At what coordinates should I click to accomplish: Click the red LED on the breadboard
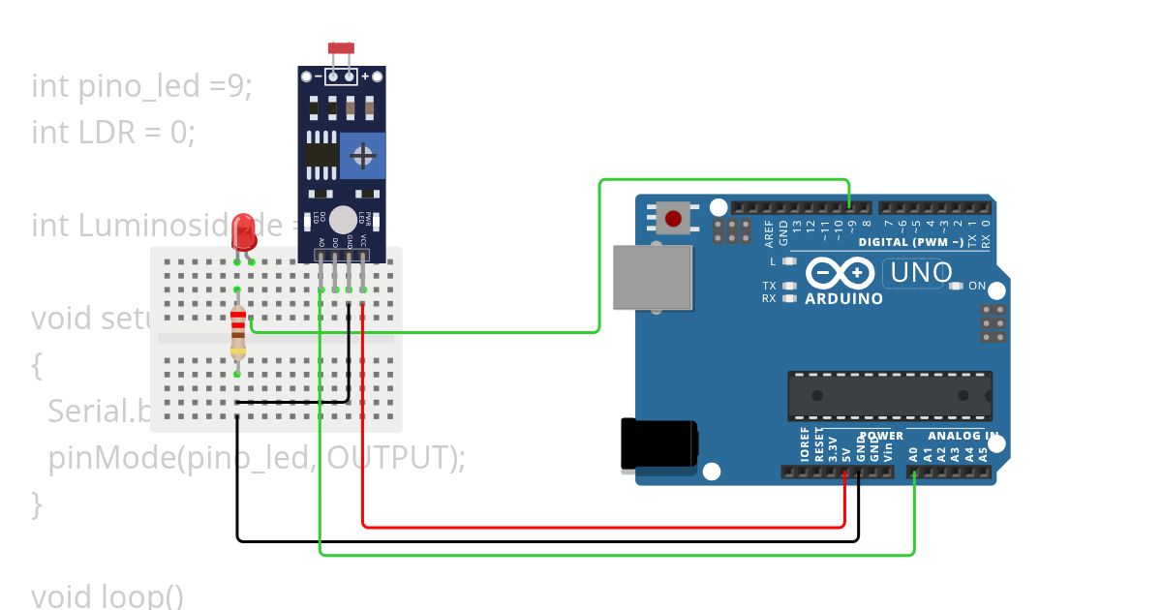pyautogui.click(x=244, y=230)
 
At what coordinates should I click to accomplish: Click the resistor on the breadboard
pyautogui.click(x=238, y=331)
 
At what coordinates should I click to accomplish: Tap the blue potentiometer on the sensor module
pyautogui.click(x=363, y=156)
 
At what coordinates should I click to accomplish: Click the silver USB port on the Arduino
pyautogui.click(x=654, y=277)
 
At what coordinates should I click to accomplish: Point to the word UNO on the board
pyautogui.click(x=921, y=273)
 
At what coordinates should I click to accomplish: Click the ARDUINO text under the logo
pyautogui.click(x=843, y=299)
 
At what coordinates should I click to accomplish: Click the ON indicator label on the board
pyautogui.click(x=976, y=287)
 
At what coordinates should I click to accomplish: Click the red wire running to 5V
pyautogui.click(x=600, y=527)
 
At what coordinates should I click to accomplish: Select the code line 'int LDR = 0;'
pyautogui.click(x=113, y=132)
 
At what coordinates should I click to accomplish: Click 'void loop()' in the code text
pyautogui.click(x=107, y=595)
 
